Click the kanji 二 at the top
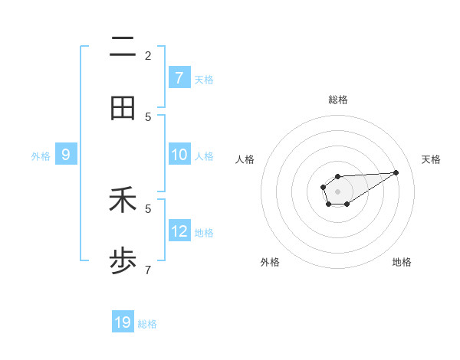coord(123,48)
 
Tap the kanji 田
coord(123,108)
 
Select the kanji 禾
coord(123,202)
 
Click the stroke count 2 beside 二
coord(148,56)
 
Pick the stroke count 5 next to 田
coord(148,116)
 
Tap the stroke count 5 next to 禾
coord(148,208)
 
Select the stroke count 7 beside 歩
coord(148,270)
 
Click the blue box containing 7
coord(179,78)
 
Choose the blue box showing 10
coord(179,155)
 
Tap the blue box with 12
coord(179,231)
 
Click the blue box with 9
coord(66,155)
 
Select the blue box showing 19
coord(123,322)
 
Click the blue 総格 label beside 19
coord(147,324)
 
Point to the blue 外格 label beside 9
coord(41,156)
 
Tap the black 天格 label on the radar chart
coord(431,159)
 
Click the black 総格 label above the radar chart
coord(337,100)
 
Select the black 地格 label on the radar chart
coord(402,262)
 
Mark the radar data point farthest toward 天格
coord(396,172)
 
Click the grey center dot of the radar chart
coord(337,190)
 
